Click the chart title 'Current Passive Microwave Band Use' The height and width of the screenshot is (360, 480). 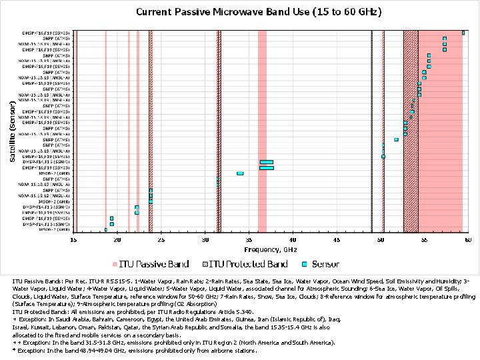[x=259, y=12]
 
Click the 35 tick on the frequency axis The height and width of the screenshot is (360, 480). [x=249, y=239]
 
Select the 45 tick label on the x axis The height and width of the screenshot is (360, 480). [x=336, y=239]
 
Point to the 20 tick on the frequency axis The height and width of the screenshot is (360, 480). [x=117, y=239]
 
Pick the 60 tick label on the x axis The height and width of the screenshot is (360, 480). [x=467, y=239]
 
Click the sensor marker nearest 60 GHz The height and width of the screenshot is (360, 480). [x=463, y=33]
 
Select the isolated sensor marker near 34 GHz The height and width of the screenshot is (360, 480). [x=240, y=173]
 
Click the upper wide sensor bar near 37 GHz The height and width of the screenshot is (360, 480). [x=266, y=162]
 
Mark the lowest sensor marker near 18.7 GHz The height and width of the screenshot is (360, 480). [x=105, y=230]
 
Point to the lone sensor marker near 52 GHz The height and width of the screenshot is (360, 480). [x=396, y=139]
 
